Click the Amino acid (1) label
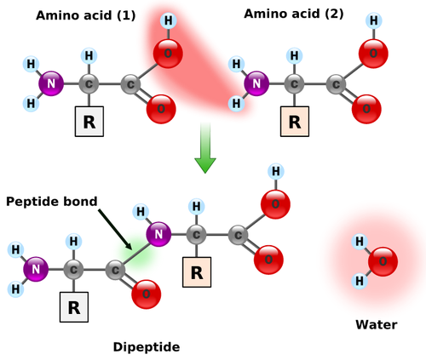[x=85, y=15]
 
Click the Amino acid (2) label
[x=294, y=14]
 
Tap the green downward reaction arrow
[x=205, y=147]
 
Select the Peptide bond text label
[x=52, y=202]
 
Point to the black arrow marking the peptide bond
[x=115, y=230]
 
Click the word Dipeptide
[x=147, y=347]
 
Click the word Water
[x=377, y=324]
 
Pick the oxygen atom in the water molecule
[x=383, y=261]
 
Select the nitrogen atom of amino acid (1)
[x=51, y=83]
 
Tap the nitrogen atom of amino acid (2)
[x=256, y=83]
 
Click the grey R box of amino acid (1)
[x=89, y=122]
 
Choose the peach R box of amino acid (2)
[x=295, y=122]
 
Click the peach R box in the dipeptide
[x=197, y=272]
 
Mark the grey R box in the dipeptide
[x=74, y=307]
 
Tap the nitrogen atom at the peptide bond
[x=158, y=234]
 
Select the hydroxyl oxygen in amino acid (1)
[x=168, y=54]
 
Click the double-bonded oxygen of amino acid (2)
[x=366, y=109]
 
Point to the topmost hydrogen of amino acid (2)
[x=374, y=20]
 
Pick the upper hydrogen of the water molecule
[x=360, y=242]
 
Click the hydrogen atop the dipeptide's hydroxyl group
[x=276, y=171]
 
